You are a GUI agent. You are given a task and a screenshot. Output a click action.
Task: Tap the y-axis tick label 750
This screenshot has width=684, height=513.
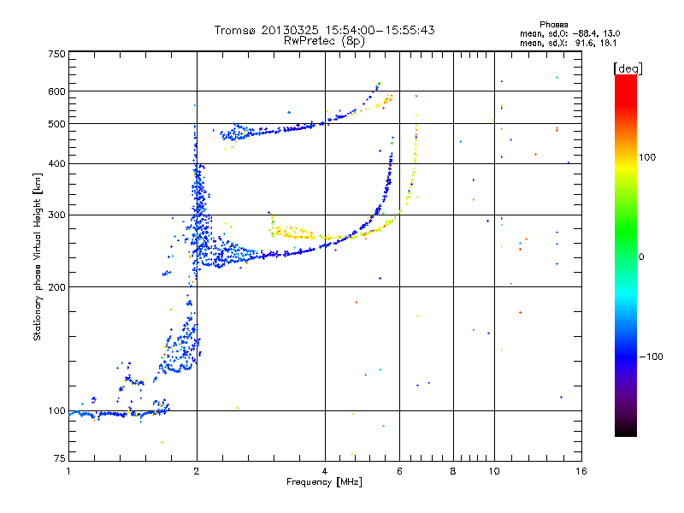(57, 54)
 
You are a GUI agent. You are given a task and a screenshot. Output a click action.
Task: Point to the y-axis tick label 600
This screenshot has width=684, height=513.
(57, 91)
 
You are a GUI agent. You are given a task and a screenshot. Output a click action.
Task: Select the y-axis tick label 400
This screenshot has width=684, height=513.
(57, 163)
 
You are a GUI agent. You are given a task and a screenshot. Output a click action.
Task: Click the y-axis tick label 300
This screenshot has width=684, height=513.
(57, 215)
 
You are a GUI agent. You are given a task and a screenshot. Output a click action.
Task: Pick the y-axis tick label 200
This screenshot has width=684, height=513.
(57, 286)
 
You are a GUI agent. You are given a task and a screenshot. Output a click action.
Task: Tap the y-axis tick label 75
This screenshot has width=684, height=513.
(59, 461)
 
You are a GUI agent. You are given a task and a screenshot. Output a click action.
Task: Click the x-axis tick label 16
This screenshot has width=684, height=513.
(581, 471)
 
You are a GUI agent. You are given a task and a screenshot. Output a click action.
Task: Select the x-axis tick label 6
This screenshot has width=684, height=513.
(399, 471)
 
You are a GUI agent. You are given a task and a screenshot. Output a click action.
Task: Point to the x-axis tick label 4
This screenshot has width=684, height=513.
(325, 471)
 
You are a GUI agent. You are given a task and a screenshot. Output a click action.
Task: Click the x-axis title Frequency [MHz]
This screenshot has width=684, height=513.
(325, 483)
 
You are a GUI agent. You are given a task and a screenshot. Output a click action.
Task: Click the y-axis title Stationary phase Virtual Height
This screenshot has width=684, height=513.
(37, 256)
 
